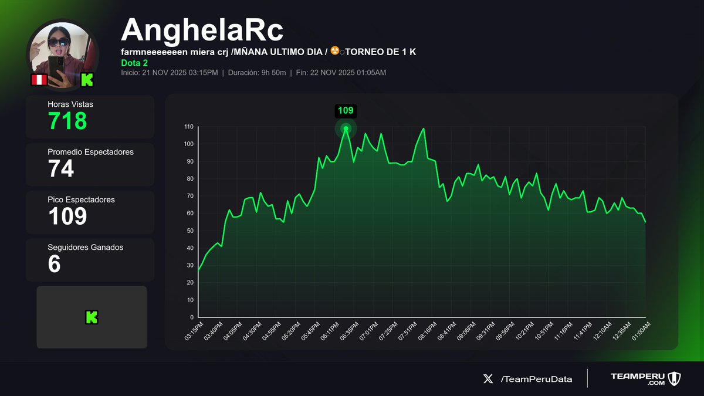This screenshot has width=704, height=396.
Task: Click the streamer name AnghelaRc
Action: tap(202, 30)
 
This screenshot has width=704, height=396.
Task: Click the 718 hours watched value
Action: tap(67, 121)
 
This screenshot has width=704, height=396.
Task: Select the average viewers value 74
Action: tap(61, 168)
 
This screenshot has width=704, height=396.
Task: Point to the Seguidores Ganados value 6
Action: tap(54, 263)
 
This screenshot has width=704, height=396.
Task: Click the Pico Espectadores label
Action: tap(81, 199)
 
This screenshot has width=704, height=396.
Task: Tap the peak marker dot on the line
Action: tap(346, 128)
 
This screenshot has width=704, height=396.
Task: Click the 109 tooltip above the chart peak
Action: tap(346, 110)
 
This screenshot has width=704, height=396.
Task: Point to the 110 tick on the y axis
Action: tap(188, 127)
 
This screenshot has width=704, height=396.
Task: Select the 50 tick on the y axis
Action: tap(190, 231)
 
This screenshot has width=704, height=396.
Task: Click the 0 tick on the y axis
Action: tap(192, 317)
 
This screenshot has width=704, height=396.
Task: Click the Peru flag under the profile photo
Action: tap(39, 80)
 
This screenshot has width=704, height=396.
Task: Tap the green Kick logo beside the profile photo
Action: tap(87, 80)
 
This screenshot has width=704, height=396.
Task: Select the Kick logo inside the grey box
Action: tap(92, 317)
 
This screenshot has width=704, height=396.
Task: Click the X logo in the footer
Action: tap(488, 379)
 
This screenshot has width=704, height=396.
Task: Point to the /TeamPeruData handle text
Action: tap(536, 379)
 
